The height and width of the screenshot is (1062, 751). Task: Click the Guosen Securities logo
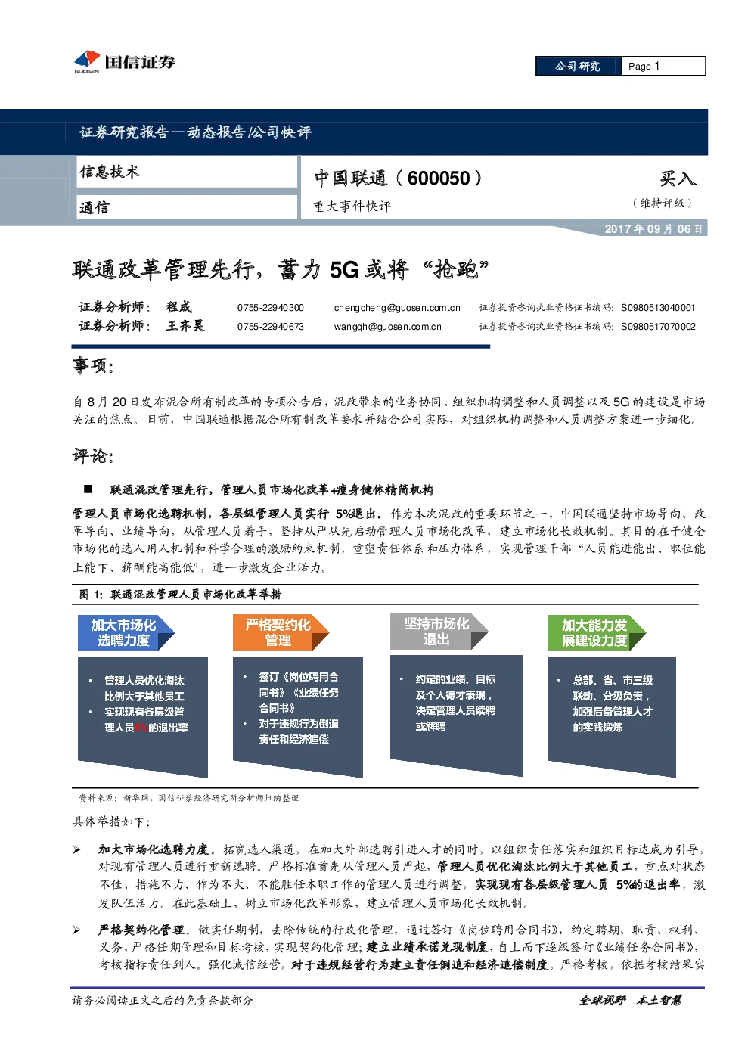coord(124,62)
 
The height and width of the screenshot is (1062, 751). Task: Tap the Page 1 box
coord(663,67)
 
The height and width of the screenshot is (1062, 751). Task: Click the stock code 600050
coord(439,179)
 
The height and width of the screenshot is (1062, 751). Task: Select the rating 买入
coord(678,179)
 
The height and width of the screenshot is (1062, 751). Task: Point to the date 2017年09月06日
coord(653,229)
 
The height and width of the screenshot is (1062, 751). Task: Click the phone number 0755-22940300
coord(270,308)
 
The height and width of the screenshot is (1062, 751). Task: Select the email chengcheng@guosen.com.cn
coord(397,308)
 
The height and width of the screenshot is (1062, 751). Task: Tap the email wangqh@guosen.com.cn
coord(387,327)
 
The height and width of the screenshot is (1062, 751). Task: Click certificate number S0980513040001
coord(658,308)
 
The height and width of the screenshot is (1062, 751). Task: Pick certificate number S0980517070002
coord(658,327)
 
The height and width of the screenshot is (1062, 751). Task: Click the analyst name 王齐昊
coord(185,326)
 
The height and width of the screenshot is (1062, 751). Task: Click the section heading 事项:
coord(93,365)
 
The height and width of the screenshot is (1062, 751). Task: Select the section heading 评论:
coord(93,455)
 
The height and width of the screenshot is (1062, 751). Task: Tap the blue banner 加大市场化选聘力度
coord(126,632)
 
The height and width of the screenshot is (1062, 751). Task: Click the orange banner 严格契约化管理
coord(281,632)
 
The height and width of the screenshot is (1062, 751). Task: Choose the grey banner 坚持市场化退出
coord(439,632)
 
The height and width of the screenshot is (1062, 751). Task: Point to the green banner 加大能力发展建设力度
coord(597,632)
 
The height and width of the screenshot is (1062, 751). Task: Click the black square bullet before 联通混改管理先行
coord(88,489)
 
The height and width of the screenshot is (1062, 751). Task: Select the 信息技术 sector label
coord(110,171)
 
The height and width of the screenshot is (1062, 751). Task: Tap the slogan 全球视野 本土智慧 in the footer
coord(630,1001)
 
